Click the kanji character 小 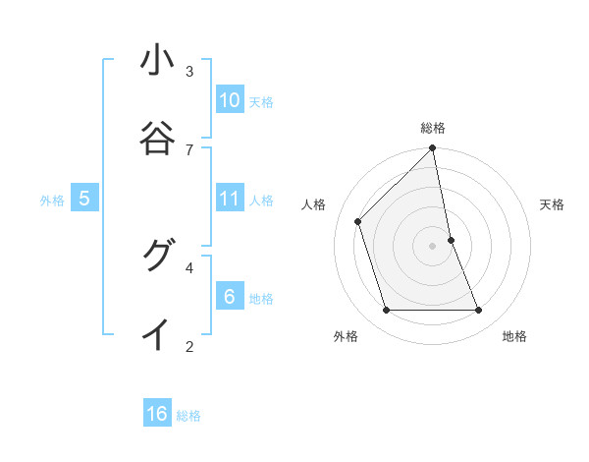[x=157, y=61]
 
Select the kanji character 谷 [x=157, y=139]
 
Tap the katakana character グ [x=157, y=256]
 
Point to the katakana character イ [x=157, y=334]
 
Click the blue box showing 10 [x=230, y=100]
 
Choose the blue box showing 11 [x=230, y=199]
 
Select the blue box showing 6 [x=230, y=297]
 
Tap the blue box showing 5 [x=84, y=199]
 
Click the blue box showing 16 [x=157, y=414]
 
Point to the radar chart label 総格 [x=433, y=128]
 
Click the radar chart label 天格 [x=552, y=204]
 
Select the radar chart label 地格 [x=514, y=336]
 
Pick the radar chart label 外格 [x=346, y=336]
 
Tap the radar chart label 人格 [x=314, y=204]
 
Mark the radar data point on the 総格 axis [x=433, y=149]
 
